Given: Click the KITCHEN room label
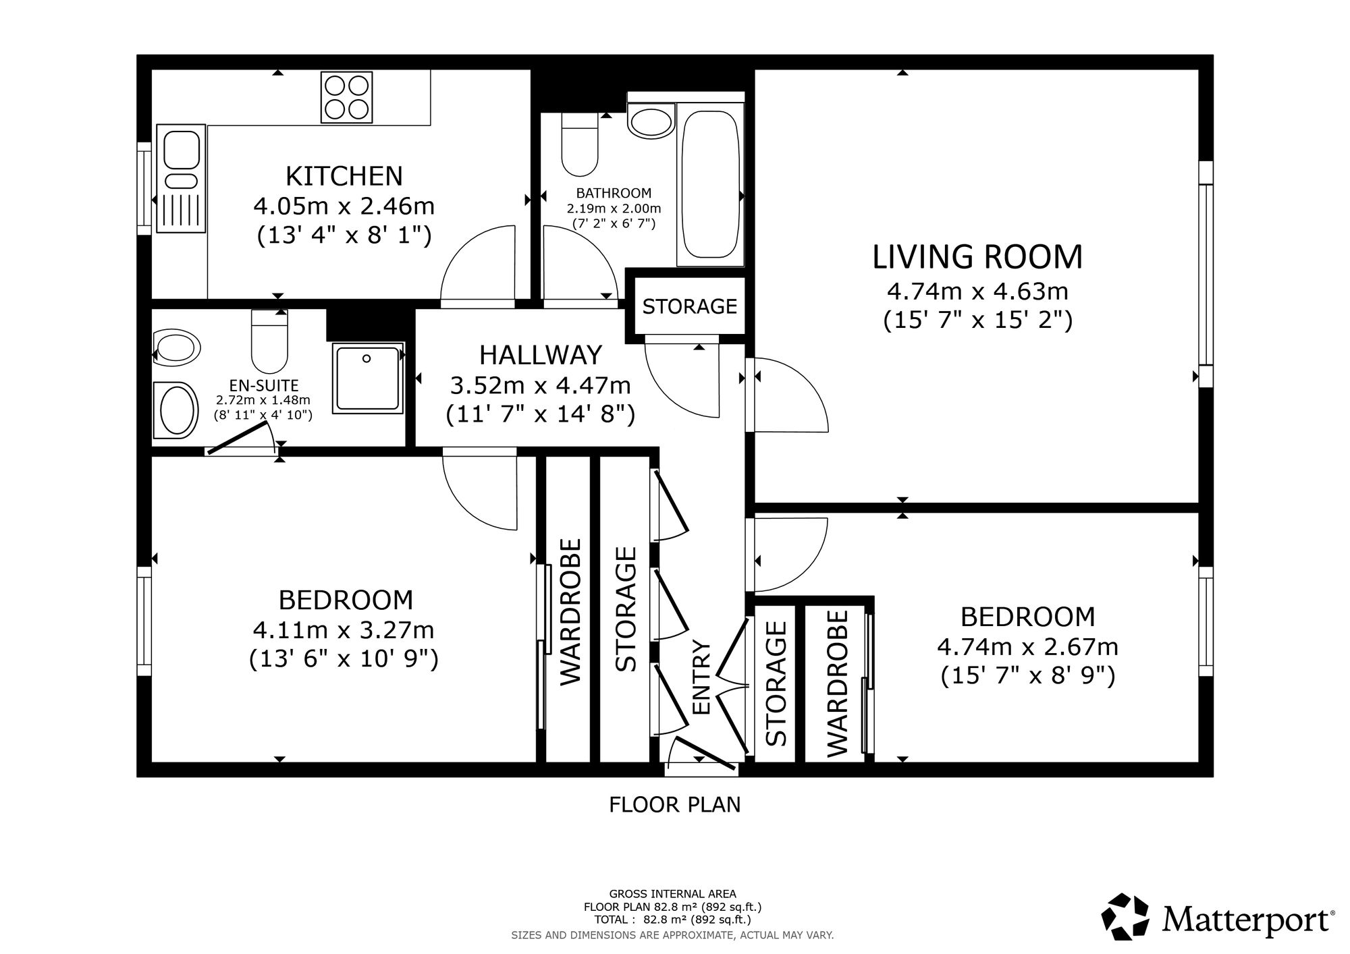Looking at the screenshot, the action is pos(344,176).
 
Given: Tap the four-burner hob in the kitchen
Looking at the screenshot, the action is pos(347,96).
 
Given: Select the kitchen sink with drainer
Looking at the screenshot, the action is pos(180,179).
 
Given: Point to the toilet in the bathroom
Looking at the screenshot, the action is pos(580,144).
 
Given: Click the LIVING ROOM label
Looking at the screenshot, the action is pos(977,257).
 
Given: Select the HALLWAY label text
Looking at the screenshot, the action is pos(541,354).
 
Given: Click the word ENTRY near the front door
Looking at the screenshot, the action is pos(702,677).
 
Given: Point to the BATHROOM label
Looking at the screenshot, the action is pos(614,194).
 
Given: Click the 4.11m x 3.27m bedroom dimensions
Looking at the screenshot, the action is pos(344,630).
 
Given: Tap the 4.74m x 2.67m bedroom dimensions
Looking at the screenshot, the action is pos(1028,647).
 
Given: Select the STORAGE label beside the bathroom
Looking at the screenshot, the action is pos(690,306).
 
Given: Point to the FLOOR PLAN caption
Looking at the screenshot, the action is pos(675,804).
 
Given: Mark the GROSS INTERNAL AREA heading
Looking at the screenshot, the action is pos(673,894).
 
